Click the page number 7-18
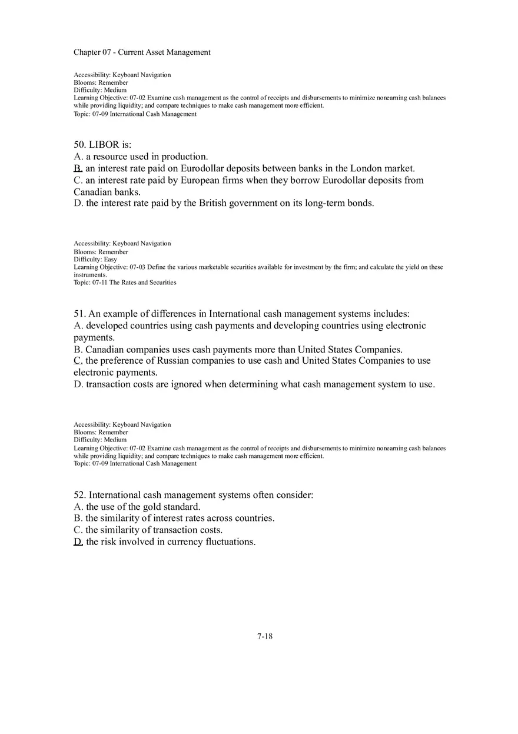point(265,636)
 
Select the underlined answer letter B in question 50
point(78,168)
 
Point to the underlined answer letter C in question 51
point(78,360)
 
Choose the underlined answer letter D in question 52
point(78,542)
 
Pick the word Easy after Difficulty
point(111,260)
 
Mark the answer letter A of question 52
point(78,507)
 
